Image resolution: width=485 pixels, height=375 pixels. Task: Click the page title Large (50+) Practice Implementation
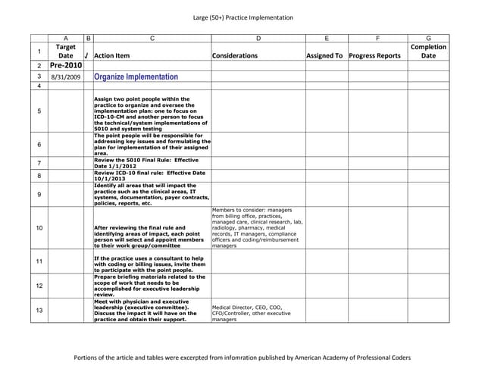[x=242, y=17]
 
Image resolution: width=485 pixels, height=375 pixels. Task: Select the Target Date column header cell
[x=66, y=52]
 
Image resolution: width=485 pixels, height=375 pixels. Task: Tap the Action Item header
[x=112, y=56]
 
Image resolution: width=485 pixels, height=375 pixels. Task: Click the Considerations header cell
[x=235, y=56]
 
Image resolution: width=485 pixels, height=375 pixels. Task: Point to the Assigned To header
[x=324, y=56]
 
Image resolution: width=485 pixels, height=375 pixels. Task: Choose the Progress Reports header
[x=375, y=56]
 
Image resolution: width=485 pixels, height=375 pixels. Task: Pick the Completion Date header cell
[x=428, y=52]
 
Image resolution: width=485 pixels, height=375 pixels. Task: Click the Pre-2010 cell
[x=66, y=66]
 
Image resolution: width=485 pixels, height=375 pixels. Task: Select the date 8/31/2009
[x=65, y=77]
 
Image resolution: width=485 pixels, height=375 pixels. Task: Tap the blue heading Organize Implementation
[x=136, y=77]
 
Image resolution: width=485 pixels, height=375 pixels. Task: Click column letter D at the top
[x=258, y=37]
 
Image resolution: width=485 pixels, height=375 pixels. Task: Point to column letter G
[x=428, y=37]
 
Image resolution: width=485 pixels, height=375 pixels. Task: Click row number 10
[x=39, y=228]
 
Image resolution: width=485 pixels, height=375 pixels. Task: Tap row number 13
[x=39, y=311]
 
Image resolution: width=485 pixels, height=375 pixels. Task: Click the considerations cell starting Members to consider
[x=258, y=228]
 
